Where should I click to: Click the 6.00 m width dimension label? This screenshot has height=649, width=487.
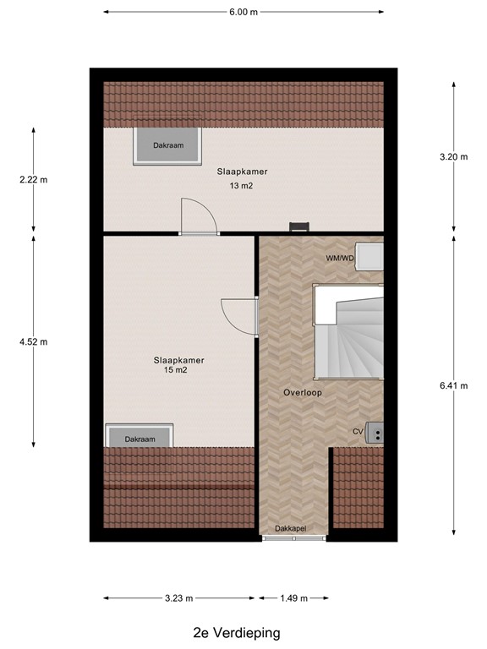point(243,13)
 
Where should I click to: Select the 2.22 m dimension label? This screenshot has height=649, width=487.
point(34,179)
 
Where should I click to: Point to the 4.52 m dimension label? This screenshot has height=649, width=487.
point(34,341)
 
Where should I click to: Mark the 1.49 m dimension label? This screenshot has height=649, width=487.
point(293,598)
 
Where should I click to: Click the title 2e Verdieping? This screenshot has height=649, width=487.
point(236,632)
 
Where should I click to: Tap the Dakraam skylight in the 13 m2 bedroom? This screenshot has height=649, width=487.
point(167,145)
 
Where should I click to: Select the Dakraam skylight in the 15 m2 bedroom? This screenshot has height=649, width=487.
point(140,437)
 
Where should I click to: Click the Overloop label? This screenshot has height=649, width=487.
point(303,392)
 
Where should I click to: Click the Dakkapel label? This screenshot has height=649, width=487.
point(289,528)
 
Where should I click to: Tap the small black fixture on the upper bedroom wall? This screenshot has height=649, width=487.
point(298,226)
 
